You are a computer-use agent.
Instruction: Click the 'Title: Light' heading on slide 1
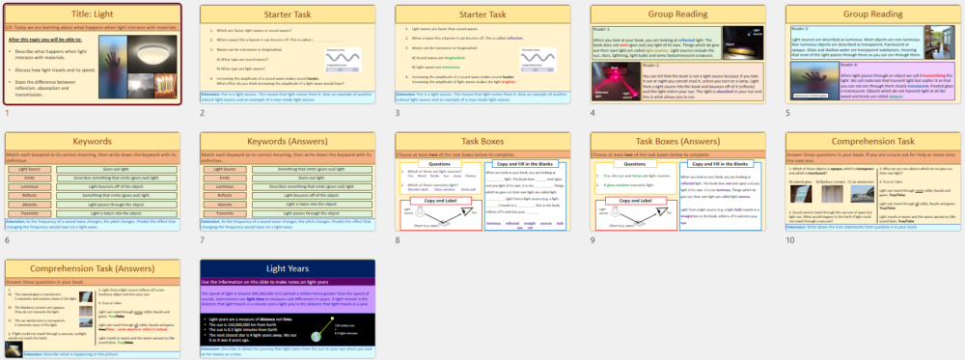coord(93,16)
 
